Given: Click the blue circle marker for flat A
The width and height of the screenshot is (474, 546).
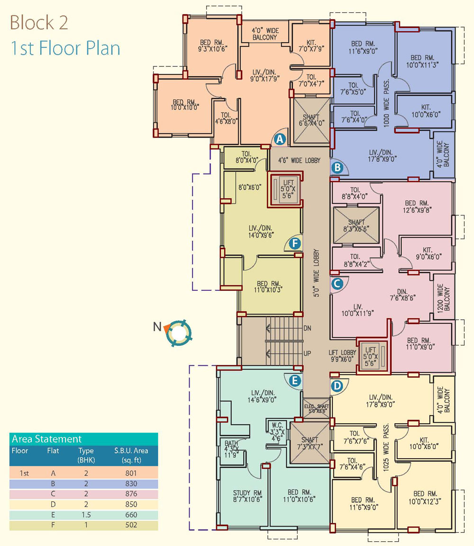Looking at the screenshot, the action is (280, 139).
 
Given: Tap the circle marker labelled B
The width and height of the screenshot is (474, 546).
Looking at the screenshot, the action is (337, 168).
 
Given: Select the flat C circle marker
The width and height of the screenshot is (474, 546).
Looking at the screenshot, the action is (337, 284).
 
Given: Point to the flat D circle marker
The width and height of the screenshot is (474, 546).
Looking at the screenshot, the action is (337, 386).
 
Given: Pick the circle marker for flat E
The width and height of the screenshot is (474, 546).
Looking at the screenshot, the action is (295, 380).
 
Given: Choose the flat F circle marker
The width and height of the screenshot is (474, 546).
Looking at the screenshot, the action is (295, 243).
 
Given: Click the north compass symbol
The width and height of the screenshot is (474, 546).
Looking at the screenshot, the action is (178, 333).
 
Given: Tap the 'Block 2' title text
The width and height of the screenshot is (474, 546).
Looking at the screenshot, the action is (38, 23).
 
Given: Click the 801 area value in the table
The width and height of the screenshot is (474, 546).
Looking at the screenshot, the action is (131, 473).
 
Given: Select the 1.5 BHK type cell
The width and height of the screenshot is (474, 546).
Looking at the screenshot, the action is (86, 515).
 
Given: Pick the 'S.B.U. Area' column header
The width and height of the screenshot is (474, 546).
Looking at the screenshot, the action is (131, 451).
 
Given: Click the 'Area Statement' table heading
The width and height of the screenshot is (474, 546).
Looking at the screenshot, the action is (46, 439).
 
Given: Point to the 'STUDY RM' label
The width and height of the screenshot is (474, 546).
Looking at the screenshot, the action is (247, 493).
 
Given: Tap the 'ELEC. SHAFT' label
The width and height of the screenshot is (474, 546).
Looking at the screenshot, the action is (316, 407).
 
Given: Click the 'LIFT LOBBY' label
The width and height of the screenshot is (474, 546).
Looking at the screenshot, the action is (342, 352).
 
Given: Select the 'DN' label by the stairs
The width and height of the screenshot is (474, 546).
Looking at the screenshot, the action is (307, 328).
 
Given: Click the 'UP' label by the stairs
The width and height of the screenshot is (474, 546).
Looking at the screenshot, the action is (307, 353).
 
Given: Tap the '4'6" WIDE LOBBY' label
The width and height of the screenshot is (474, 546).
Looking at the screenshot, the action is (299, 160).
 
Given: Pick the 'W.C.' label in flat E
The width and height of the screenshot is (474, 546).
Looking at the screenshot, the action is (277, 426).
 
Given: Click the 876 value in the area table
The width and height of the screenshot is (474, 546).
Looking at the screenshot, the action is (131, 494).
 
